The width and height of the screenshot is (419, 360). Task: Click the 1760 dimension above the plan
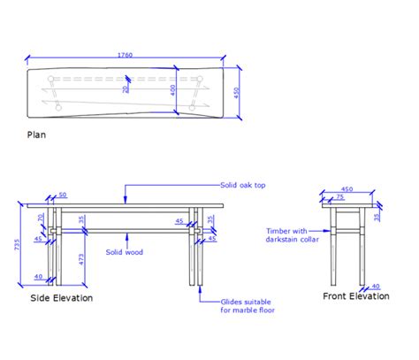[x=125, y=55]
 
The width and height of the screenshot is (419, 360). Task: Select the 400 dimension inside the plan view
[x=173, y=89]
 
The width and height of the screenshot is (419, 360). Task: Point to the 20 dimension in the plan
[x=126, y=88]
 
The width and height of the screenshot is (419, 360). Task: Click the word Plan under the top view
[x=37, y=135]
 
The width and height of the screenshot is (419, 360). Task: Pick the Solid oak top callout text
[x=243, y=186]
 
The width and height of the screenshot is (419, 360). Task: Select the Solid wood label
[x=125, y=252]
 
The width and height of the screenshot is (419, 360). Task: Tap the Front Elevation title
[x=355, y=296]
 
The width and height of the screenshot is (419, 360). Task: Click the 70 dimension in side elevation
[x=41, y=216]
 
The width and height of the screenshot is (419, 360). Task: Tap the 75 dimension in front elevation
[x=339, y=197]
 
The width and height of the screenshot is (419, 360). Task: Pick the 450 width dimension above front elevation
[x=347, y=188]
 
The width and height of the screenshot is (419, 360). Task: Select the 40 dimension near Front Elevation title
[x=376, y=286]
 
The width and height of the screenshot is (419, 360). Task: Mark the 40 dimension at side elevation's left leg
[x=38, y=277]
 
